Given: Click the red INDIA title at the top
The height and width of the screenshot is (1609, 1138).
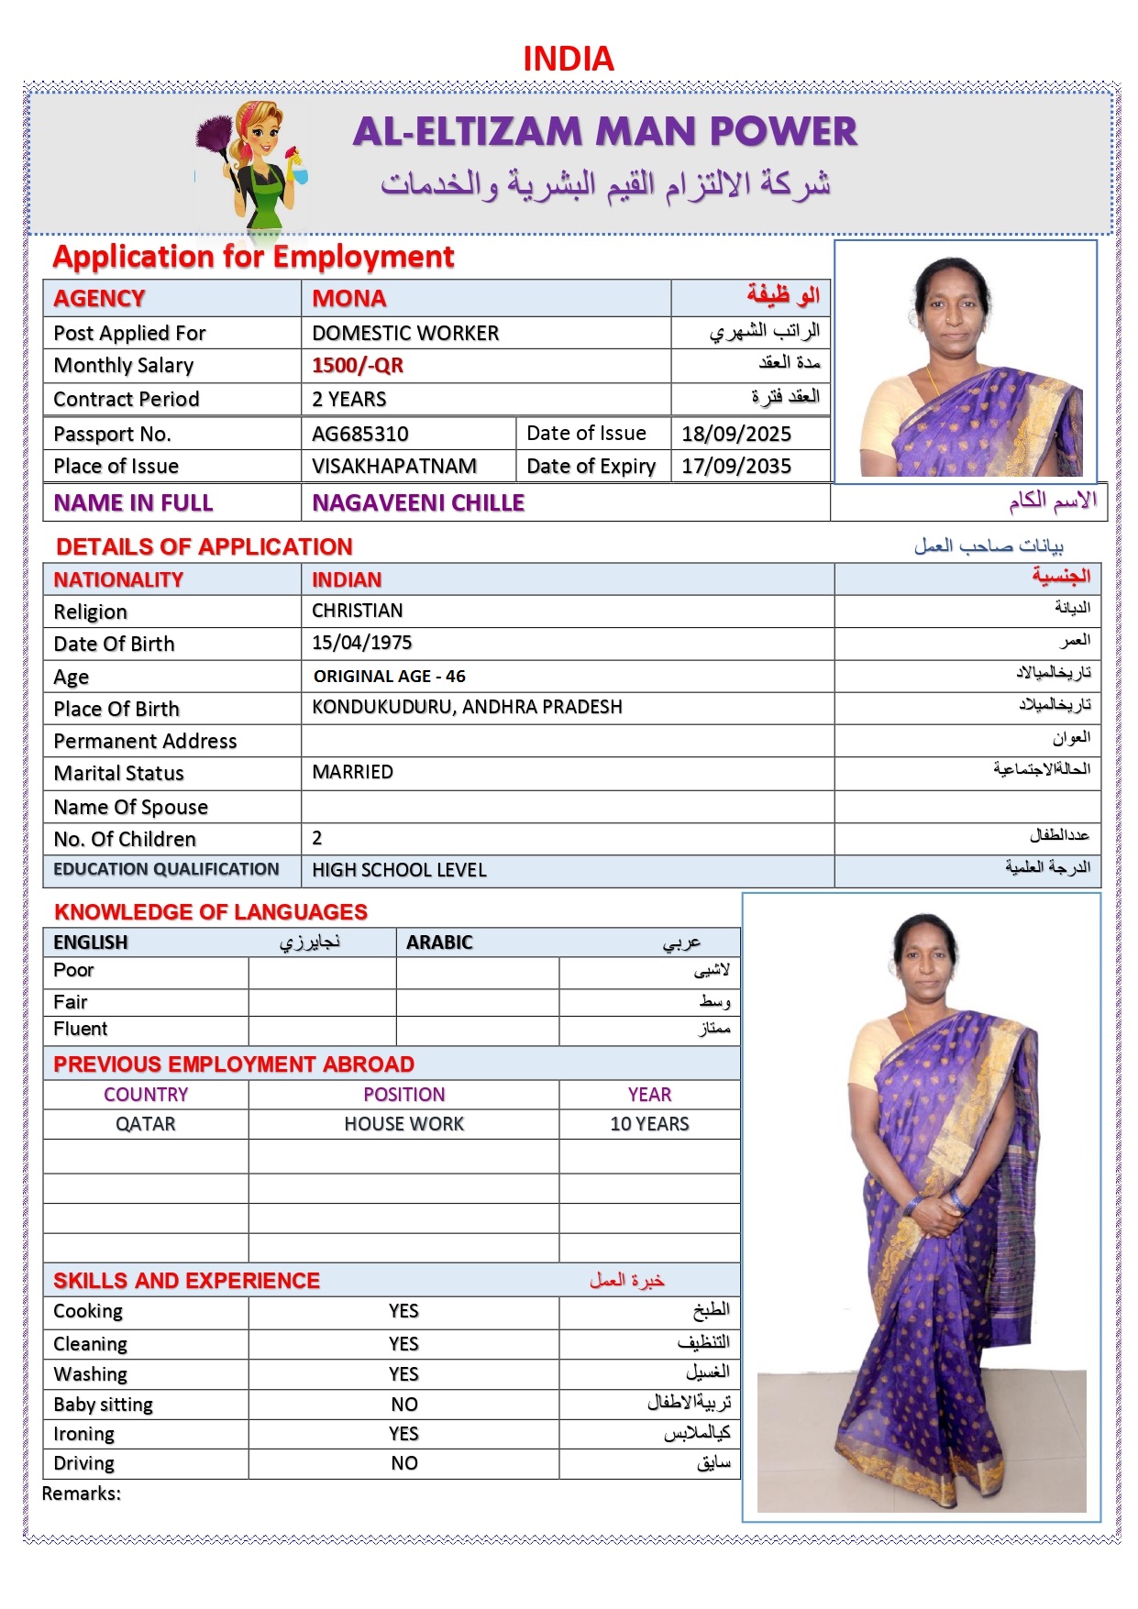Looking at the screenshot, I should point(568,60).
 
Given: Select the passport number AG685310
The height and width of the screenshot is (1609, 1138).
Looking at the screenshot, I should point(359,434).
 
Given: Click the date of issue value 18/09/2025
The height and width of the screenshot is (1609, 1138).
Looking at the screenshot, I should point(735,434).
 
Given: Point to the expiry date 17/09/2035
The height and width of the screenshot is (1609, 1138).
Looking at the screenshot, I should point(735,466).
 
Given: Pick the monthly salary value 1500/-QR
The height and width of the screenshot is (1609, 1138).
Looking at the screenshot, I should point(357,365).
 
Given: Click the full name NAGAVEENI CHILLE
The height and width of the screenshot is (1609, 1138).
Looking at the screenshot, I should point(418,502).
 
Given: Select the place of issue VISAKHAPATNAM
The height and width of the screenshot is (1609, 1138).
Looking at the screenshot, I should point(393,466).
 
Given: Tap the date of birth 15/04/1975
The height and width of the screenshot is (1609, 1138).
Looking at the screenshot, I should point(361,643).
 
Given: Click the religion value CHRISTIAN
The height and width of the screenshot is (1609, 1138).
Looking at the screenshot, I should point(357,611).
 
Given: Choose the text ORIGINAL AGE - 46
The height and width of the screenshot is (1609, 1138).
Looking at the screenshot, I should point(389,677).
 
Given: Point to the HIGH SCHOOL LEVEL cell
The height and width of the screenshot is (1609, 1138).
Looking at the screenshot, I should point(399,870).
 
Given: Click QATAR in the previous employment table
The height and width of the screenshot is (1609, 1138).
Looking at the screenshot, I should point(145,1124).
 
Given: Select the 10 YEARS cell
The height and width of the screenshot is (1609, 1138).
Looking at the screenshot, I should point(649,1124).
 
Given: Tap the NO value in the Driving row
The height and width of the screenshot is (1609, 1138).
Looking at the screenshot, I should point(403,1463).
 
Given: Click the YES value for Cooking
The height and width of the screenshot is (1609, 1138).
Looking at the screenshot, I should point(403,1311).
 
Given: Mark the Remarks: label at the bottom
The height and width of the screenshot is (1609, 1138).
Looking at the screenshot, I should point(81,1493).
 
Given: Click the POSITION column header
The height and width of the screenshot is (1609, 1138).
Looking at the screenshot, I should point(403,1095).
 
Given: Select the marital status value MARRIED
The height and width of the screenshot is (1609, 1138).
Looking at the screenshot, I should point(352,772).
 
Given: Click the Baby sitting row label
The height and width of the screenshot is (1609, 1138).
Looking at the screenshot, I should point(103,1405).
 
